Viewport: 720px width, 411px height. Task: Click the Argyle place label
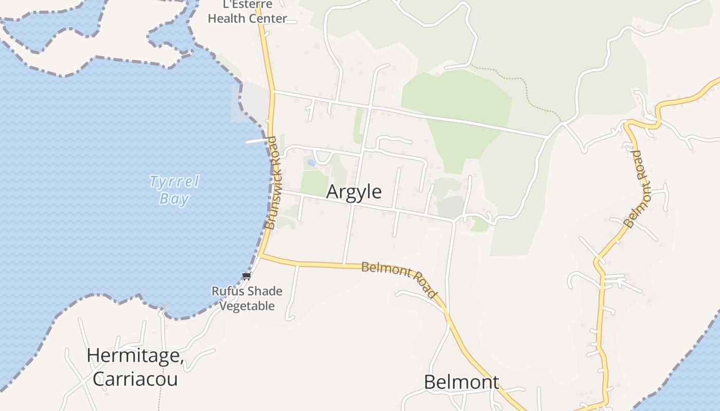pos(354,192)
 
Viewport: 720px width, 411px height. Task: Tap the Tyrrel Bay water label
pos(174,190)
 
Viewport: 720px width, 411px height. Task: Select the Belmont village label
pos(461,382)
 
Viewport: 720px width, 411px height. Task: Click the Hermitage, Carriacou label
pos(135,367)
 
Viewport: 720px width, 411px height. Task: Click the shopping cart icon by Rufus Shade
pos(246,276)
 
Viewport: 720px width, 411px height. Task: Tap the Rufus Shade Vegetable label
pos(247,298)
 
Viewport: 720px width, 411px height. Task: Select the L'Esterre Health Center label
pos(247,12)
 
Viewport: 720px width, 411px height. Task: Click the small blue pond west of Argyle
pos(311,163)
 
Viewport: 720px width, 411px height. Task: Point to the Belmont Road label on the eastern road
pos(638,189)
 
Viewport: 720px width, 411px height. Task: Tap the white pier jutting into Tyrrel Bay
pos(257,140)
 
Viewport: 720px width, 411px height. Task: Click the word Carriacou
pos(135,379)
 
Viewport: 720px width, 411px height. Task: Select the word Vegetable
pos(247,306)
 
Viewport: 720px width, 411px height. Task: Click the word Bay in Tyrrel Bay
pos(174,199)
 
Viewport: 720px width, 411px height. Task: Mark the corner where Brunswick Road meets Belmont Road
pos(260,254)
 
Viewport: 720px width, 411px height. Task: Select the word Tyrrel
pos(174,181)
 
